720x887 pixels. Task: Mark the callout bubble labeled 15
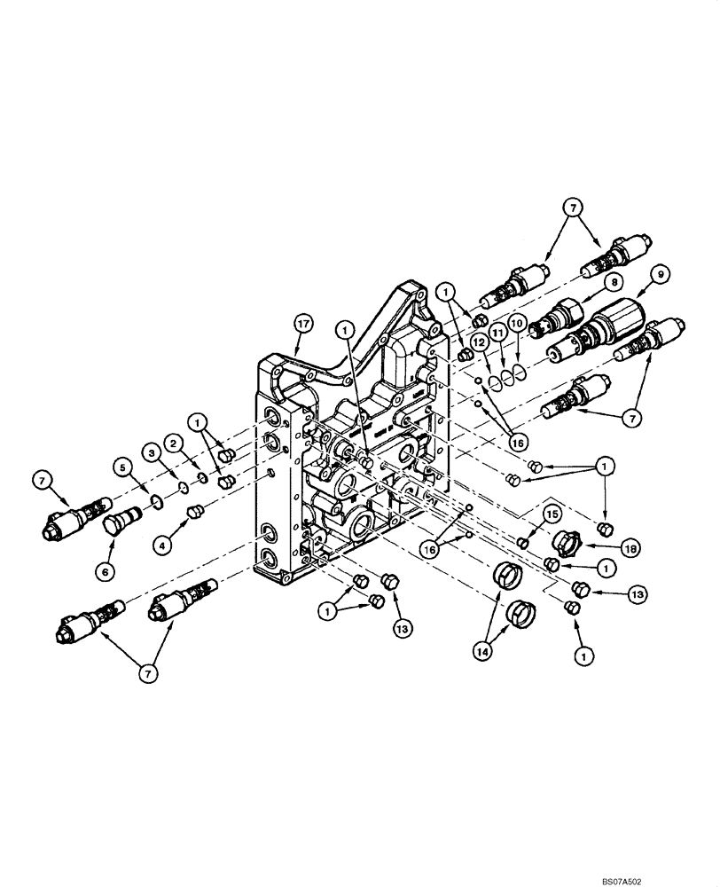click(551, 514)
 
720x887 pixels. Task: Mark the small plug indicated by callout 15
click(524, 540)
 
